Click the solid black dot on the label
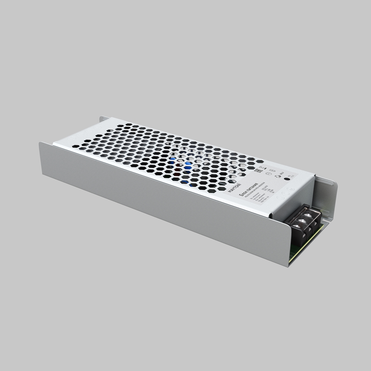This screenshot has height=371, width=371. (286, 179)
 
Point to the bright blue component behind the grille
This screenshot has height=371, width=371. (188, 168)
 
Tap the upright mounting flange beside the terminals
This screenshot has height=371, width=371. (328, 200)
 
